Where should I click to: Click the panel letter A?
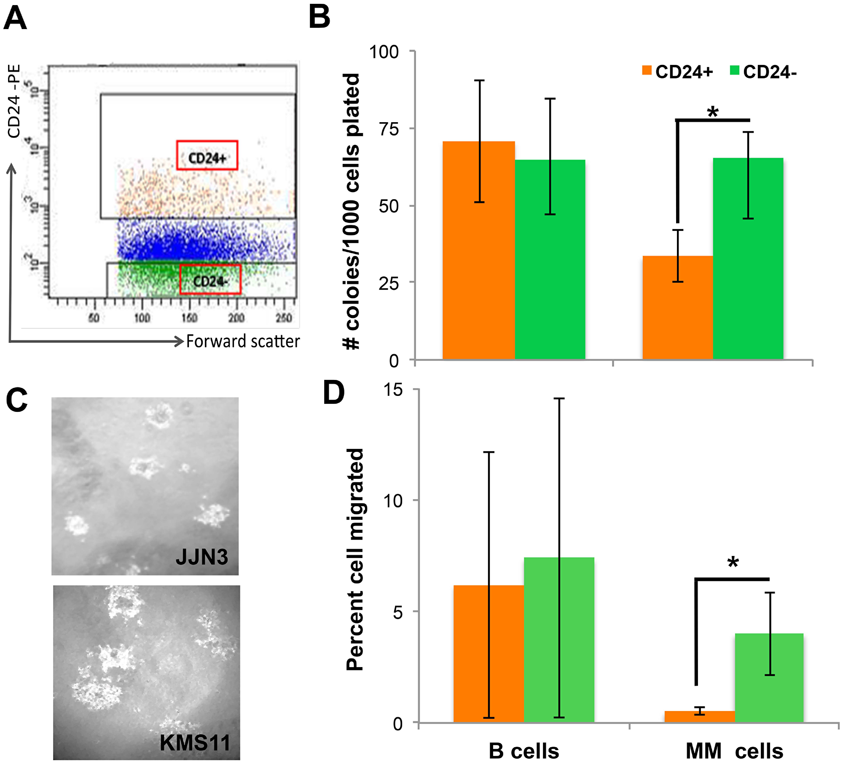pyautogui.click(x=15, y=19)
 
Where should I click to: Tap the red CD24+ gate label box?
pyautogui.click(x=207, y=155)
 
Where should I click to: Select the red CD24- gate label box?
pyautogui.click(x=210, y=279)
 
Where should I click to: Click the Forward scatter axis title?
pyautogui.click(x=243, y=341)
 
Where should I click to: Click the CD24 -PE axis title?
pyautogui.click(x=14, y=101)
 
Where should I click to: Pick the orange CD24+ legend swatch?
pyautogui.click(x=647, y=71)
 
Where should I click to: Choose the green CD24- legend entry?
pyautogui.click(x=763, y=72)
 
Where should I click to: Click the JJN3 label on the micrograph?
pyautogui.click(x=201, y=557)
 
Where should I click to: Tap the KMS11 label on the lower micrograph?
pyautogui.click(x=195, y=743)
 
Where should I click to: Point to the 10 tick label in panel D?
pyautogui.click(x=393, y=501)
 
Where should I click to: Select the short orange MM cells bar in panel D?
pyautogui.click(x=699, y=716)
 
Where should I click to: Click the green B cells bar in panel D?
pyautogui.click(x=559, y=640)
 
